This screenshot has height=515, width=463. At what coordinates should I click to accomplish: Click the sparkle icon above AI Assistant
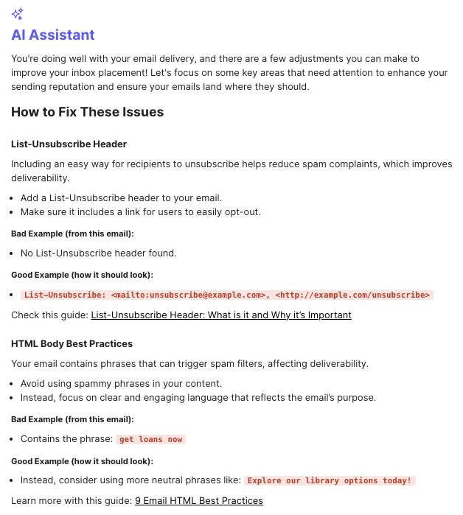[x=17, y=13]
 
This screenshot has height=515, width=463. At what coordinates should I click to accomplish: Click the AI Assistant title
[x=53, y=35]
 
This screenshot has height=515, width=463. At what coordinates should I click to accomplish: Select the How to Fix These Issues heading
[x=87, y=112]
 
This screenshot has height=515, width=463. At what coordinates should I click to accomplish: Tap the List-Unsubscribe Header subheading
[x=69, y=144]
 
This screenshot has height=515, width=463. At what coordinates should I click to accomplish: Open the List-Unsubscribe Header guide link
[x=220, y=315]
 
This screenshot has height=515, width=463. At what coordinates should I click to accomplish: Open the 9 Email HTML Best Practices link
[x=198, y=500]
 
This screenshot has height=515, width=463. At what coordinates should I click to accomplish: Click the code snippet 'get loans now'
[x=150, y=439]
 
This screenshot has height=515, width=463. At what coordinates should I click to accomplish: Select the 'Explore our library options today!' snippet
[x=330, y=480]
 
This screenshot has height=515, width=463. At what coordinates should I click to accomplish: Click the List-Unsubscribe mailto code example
[x=227, y=295]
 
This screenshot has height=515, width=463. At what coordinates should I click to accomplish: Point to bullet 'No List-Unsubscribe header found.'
[x=98, y=253]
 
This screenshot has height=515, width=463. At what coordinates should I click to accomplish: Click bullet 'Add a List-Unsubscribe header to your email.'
[x=121, y=198]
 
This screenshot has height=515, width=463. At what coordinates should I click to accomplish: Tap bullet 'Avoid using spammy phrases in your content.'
[x=121, y=384]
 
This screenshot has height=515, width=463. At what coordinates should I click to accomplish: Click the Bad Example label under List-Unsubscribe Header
[x=72, y=234]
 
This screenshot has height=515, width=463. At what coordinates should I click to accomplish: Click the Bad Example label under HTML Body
[x=72, y=419]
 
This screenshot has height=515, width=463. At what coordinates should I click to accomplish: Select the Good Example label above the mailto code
[x=82, y=275]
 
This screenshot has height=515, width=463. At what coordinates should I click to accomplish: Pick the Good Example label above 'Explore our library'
[x=82, y=460]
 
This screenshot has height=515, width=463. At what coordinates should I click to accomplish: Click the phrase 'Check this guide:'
[x=49, y=315]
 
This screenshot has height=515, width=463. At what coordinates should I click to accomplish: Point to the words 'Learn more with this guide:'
[x=72, y=500]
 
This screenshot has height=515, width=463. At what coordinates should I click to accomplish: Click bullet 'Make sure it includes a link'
[x=140, y=212]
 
